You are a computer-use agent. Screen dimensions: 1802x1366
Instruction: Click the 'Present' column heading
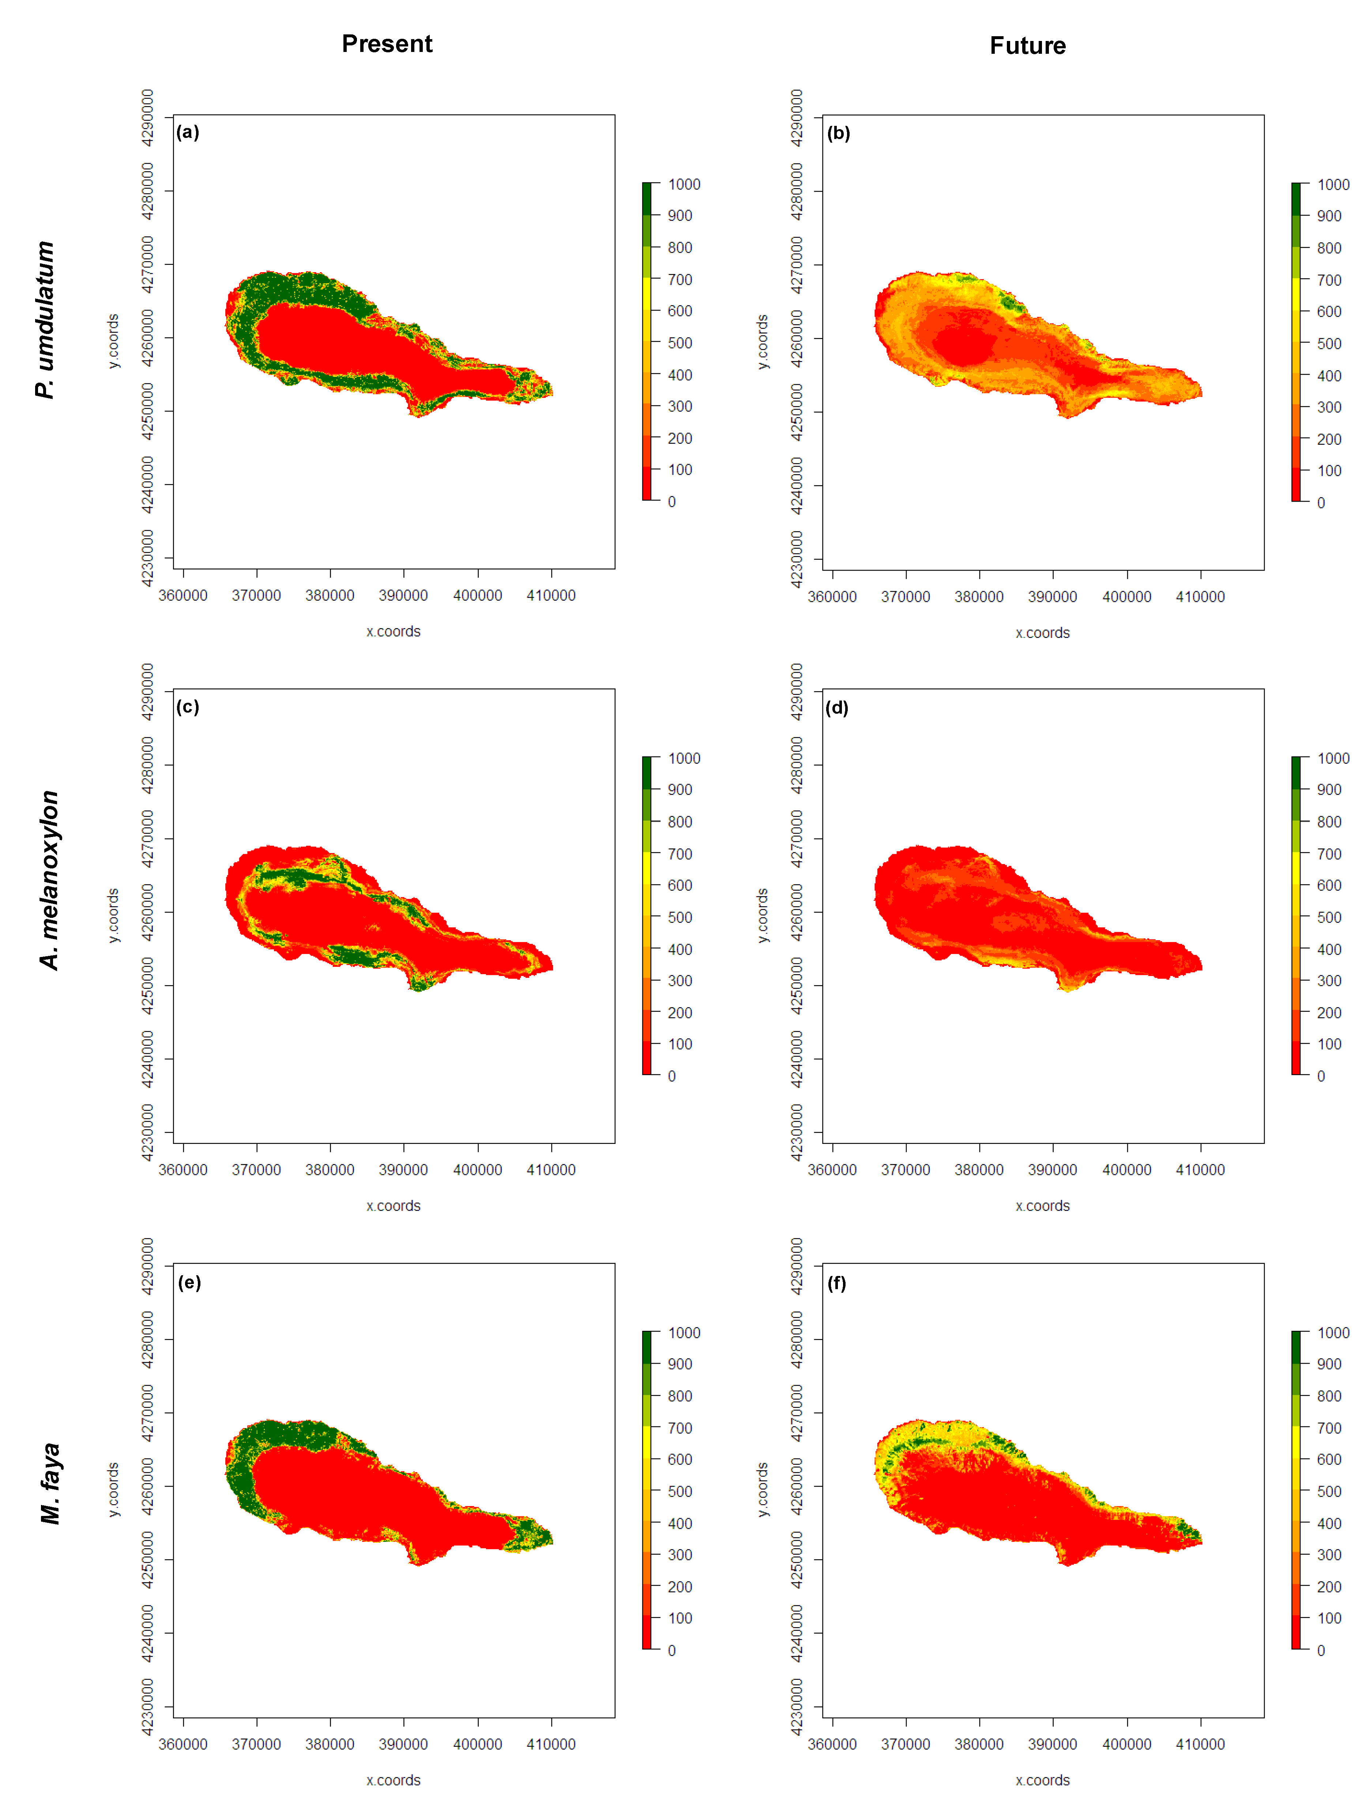(x=387, y=44)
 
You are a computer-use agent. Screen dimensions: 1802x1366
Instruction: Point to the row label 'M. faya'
(x=50, y=1483)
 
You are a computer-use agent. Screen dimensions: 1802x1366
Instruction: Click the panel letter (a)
(x=188, y=132)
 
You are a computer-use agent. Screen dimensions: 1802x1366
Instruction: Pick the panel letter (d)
(x=838, y=707)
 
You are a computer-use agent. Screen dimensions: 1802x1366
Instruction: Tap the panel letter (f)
(x=838, y=1283)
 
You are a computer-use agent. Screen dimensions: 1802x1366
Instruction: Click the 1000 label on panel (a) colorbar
(x=684, y=184)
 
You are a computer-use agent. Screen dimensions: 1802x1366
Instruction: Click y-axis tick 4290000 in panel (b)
(x=797, y=118)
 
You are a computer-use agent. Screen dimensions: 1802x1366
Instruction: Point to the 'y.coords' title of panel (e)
(x=113, y=1489)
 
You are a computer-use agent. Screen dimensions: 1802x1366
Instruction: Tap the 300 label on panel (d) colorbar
(x=1329, y=981)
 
